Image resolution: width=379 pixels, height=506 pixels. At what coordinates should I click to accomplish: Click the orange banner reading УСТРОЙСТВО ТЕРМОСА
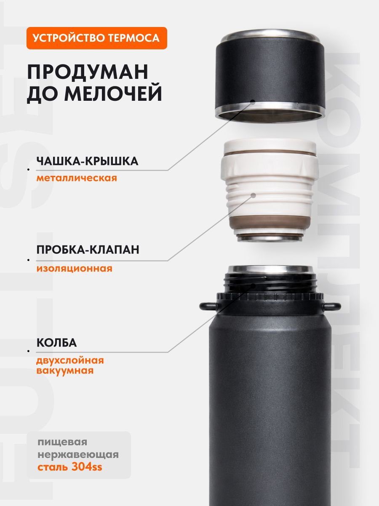click(x=97, y=38)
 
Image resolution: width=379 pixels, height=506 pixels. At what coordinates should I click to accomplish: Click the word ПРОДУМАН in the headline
click(x=88, y=72)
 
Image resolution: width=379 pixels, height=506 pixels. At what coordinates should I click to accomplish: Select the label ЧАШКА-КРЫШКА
click(x=88, y=161)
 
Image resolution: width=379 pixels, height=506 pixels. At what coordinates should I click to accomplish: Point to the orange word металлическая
click(x=77, y=178)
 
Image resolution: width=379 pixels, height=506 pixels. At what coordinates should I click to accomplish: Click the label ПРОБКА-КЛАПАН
click(x=88, y=250)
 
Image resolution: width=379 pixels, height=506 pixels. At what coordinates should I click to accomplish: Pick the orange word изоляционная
click(x=75, y=268)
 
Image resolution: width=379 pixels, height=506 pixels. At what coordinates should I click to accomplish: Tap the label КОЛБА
click(x=56, y=343)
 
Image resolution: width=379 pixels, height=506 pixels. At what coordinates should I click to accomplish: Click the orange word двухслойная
click(x=70, y=361)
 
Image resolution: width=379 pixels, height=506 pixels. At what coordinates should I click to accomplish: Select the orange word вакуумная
click(x=65, y=371)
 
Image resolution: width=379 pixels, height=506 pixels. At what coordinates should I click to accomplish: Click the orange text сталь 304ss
click(x=70, y=467)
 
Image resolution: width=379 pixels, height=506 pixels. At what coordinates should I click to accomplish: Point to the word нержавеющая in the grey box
click(x=78, y=455)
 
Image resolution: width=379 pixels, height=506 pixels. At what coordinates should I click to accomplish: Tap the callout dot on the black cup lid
click(x=253, y=102)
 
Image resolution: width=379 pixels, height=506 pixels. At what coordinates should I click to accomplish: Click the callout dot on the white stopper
click(x=254, y=196)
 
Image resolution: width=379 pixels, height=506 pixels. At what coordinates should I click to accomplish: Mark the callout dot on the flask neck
click(x=254, y=286)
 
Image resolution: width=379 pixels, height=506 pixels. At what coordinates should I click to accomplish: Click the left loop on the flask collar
click(x=208, y=306)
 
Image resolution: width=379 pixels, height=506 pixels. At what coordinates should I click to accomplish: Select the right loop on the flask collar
click(x=332, y=306)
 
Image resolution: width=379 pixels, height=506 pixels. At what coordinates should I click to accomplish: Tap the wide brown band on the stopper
click(x=270, y=222)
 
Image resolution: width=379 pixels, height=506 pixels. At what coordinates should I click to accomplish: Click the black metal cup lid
click(x=270, y=75)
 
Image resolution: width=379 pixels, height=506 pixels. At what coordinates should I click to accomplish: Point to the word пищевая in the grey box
click(x=62, y=442)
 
